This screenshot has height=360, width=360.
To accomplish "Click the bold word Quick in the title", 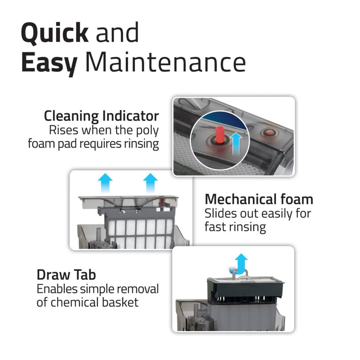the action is pos(54,33).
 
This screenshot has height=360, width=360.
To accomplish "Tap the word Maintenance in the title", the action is pos(166,62).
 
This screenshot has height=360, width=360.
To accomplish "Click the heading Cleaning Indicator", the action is pos(101,116).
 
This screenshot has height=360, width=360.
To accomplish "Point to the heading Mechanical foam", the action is pos(259,199).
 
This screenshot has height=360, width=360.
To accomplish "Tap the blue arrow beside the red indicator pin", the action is pos(236,143).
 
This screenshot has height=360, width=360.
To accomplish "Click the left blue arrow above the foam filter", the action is pos(105,182).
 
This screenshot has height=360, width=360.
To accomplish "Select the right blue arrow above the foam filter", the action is pos(150,182).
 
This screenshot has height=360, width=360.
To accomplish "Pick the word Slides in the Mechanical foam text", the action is pos(220,213).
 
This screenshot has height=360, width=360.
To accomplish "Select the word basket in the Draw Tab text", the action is pos(120,302).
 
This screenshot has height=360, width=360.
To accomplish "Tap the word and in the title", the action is pos(117,33).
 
